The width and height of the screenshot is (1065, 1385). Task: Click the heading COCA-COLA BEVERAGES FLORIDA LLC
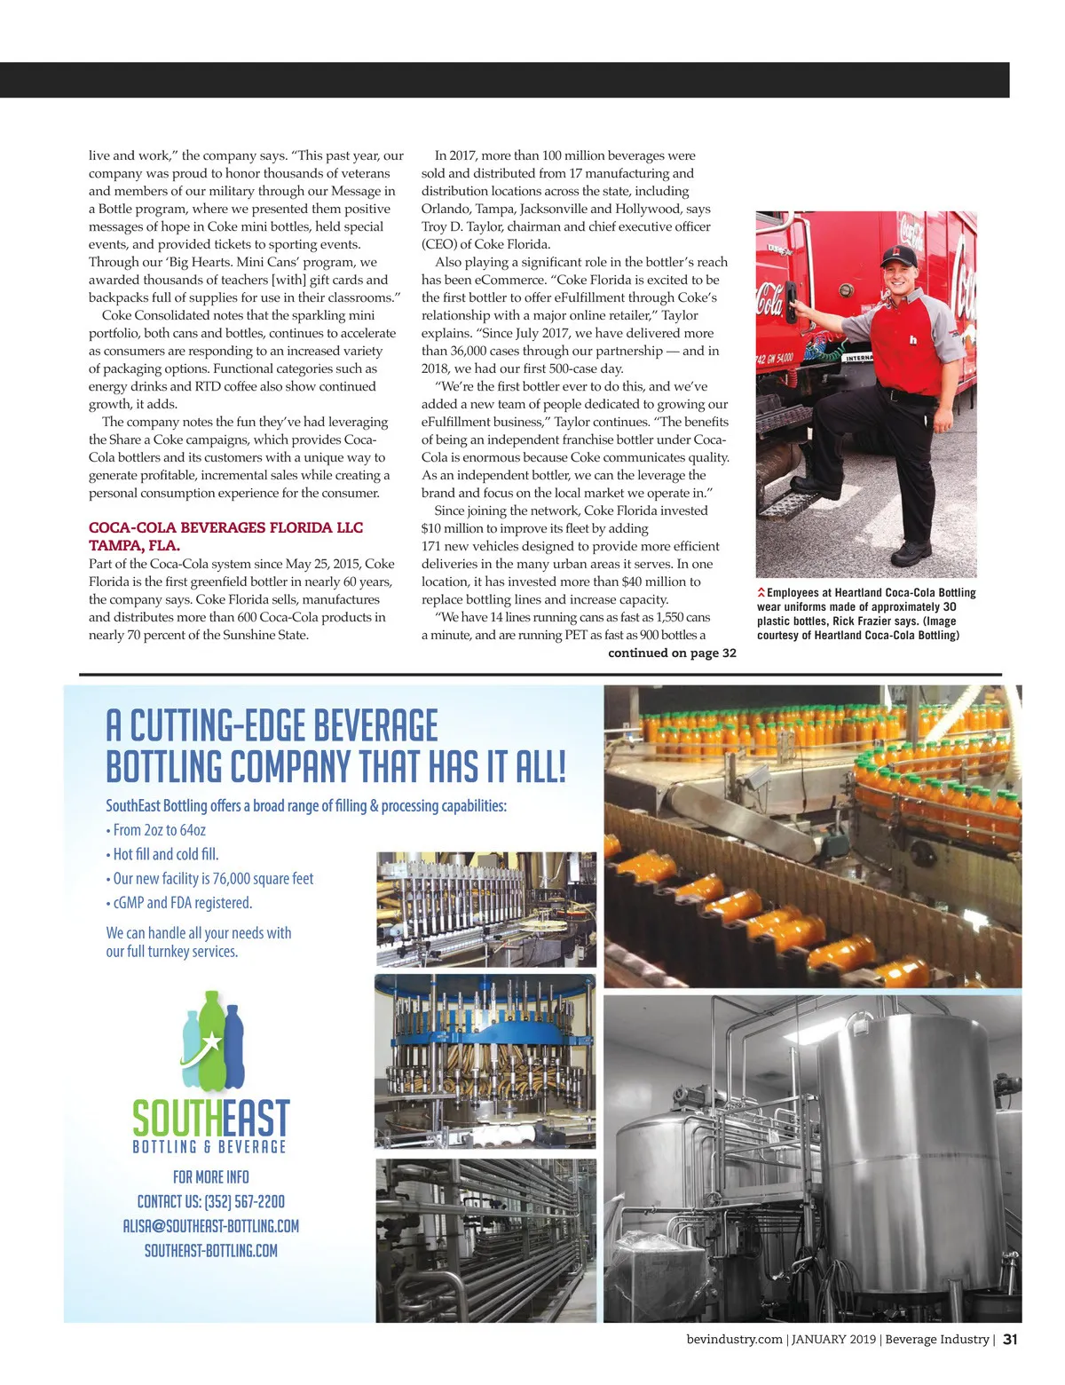(225, 527)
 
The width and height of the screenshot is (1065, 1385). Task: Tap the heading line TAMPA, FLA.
(134, 545)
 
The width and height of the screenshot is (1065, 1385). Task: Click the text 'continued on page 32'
(672, 653)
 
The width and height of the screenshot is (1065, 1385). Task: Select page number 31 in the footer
(1010, 1340)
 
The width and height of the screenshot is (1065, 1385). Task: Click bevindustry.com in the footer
(734, 1340)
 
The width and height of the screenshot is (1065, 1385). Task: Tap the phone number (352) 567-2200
(244, 1201)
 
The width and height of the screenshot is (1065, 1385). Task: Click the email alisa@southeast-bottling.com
(211, 1226)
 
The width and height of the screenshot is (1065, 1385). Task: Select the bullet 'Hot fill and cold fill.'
(165, 854)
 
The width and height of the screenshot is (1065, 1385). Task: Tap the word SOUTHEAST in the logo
(211, 1119)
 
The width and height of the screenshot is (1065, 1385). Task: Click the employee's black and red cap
(899, 257)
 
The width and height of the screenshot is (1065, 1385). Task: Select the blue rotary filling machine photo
(485, 1061)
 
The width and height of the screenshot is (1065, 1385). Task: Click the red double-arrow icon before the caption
(761, 592)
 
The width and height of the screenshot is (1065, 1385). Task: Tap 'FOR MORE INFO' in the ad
(211, 1177)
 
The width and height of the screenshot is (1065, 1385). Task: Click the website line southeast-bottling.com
(211, 1251)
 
